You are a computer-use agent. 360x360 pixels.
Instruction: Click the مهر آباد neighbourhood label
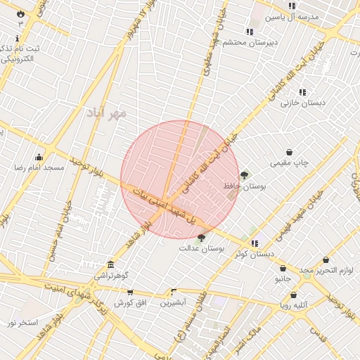click(107, 112)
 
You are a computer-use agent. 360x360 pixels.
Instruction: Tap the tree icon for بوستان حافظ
click(244, 175)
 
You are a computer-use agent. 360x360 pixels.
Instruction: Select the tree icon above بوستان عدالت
click(202, 238)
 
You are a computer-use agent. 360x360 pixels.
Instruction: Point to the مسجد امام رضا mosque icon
click(39, 157)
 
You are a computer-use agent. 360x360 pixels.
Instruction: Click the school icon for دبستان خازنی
click(302, 92)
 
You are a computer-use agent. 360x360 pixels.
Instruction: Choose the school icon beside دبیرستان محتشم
click(250, 32)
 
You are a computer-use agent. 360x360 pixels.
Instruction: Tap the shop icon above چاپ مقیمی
click(289, 152)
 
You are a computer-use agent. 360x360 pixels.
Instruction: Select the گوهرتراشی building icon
click(110, 264)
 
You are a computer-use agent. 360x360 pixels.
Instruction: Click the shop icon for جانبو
click(283, 268)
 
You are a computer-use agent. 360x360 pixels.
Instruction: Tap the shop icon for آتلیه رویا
click(293, 295)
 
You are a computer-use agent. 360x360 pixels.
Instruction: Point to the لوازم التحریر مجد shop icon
click(326, 260)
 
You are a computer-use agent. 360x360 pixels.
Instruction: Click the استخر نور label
click(22, 323)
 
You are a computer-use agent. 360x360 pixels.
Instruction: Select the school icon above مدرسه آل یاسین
click(292, 6)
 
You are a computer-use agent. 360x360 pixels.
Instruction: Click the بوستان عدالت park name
click(201, 248)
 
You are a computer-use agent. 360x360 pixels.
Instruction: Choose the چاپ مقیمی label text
click(290, 163)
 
